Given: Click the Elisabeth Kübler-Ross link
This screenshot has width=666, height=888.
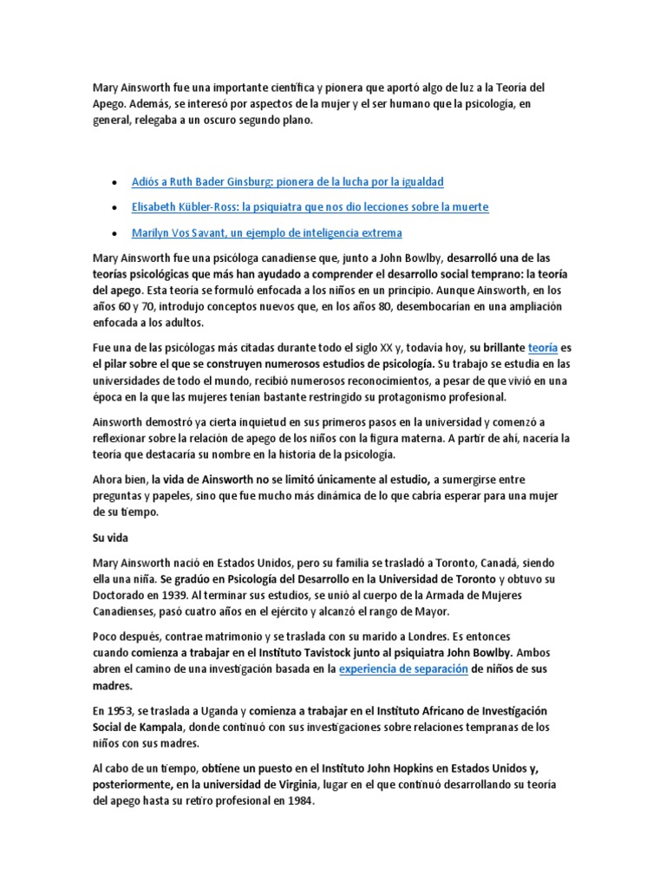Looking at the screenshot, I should pyautogui.click(x=310, y=207).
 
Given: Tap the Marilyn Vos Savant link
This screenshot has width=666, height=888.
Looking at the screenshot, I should pyautogui.click(x=266, y=233).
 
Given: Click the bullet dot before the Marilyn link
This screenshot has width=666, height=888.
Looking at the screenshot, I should pyautogui.click(x=115, y=234).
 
